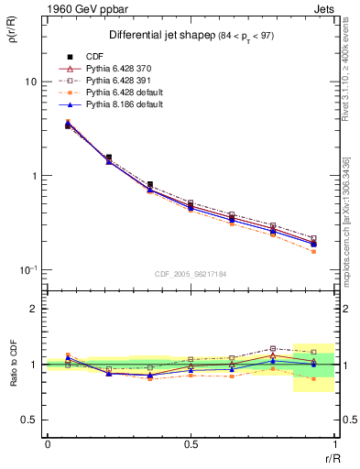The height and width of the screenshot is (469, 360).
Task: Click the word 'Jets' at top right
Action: coord(320,9)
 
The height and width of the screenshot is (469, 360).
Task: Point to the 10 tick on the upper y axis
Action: coord(30,82)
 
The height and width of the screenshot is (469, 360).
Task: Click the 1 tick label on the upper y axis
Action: coord(33,176)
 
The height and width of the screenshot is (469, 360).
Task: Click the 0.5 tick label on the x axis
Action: coord(191,444)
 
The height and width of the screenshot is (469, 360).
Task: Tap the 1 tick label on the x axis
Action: coord(333,444)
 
